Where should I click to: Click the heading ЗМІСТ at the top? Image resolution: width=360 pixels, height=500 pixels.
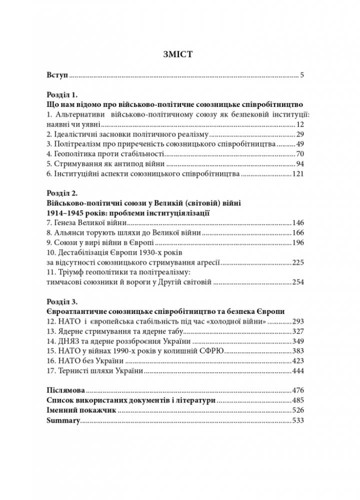(180, 53)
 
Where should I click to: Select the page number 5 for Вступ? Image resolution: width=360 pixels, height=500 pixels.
(302, 76)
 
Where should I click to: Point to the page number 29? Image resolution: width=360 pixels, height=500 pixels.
(300, 134)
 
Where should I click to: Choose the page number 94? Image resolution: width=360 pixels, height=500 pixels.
(300, 164)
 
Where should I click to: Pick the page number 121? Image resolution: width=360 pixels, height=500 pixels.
(298, 174)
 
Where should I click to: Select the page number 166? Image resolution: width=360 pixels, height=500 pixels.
(298, 232)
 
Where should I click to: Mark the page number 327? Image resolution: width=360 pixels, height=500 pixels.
(298, 331)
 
